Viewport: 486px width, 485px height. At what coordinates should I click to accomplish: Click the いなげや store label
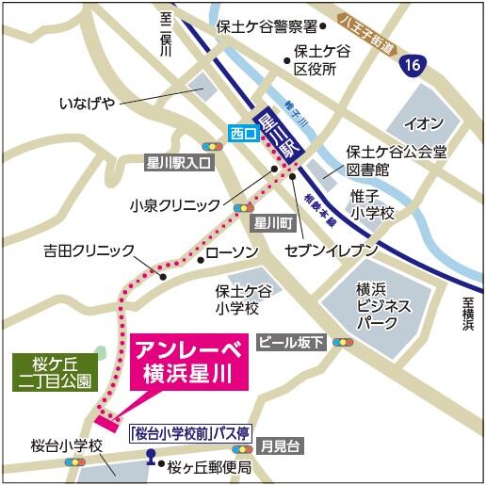tap(86, 101)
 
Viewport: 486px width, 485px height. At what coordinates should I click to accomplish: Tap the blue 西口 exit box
tap(243, 135)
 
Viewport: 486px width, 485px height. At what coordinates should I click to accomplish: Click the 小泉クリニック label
tap(174, 204)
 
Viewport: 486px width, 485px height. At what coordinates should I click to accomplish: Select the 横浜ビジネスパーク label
tap(382, 305)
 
